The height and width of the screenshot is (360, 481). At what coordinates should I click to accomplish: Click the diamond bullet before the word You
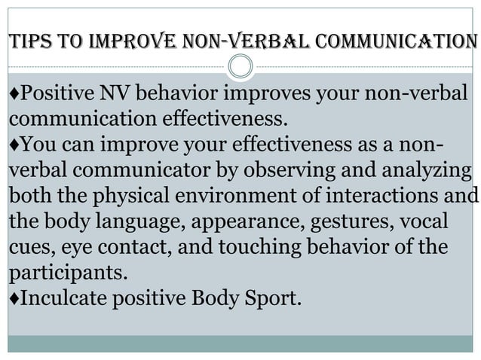click(11, 143)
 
